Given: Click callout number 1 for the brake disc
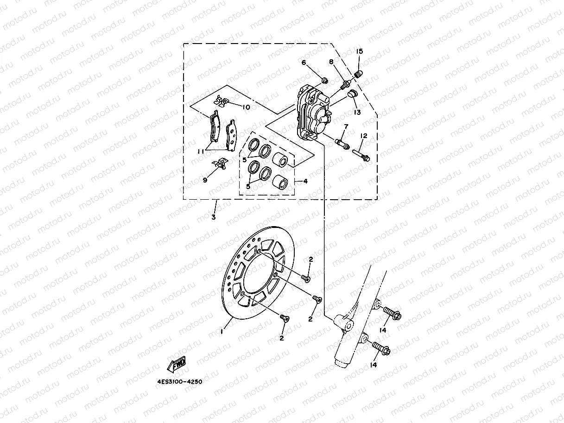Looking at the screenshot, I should [222, 331].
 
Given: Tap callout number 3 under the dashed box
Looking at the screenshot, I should [214, 217].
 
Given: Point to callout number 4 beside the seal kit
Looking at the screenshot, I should [305, 181].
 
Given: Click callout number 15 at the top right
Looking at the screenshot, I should [360, 51].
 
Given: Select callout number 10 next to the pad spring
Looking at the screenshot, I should [246, 107].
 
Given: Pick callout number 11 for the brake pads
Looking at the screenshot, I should [200, 151].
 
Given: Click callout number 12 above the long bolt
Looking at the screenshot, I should [364, 136].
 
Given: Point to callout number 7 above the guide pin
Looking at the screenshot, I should [346, 126].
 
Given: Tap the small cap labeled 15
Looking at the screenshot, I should [358, 73].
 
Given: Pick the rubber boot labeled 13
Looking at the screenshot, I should [352, 95].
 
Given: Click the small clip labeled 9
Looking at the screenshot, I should [221, 163].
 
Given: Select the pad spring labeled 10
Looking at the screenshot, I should [221, 101].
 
